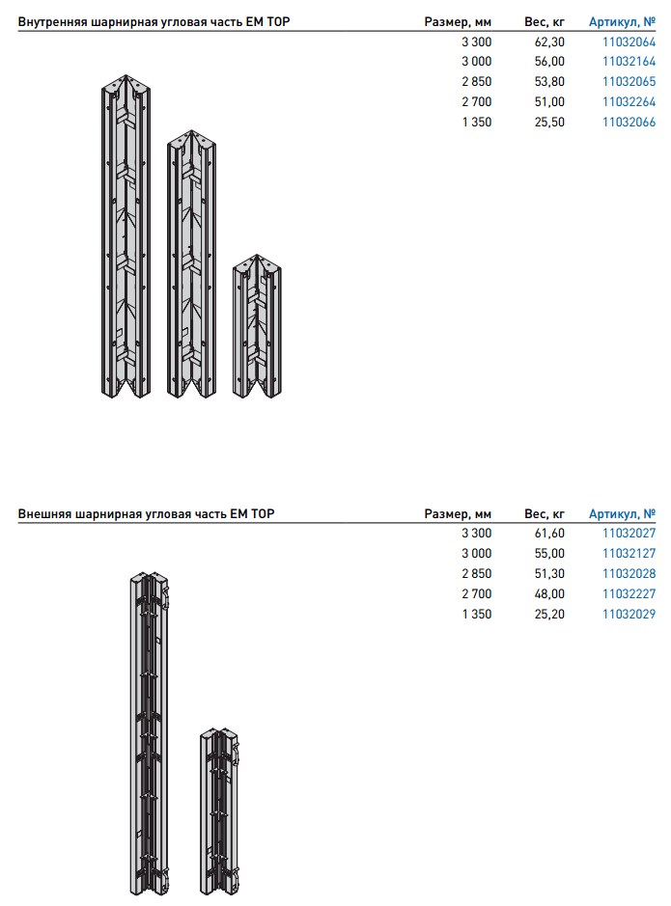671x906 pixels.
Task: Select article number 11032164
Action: click(x=629, y=62)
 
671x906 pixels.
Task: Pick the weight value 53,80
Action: click(x=548, y=82)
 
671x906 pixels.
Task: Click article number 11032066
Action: click(x=629, y=123)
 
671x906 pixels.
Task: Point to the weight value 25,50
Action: click(x=548, y=123)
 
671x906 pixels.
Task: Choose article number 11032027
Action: click(x=629, y=534)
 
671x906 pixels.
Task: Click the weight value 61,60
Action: click(x=548, y=534)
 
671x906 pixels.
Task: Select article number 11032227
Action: click(x=629, y=594)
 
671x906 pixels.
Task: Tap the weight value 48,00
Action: click(x=548, y=594)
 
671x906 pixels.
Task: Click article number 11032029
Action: click(x=629, y=615)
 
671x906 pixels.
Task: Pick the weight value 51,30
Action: click(x=548, y=574)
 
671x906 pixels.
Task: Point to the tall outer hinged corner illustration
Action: click(x=148, y=733)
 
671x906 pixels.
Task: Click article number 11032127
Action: click(x=629, y=554)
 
